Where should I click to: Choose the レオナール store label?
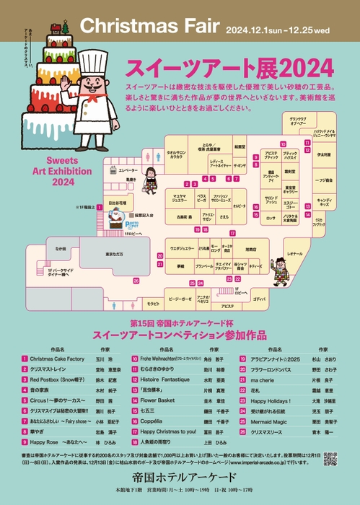click(294, 254)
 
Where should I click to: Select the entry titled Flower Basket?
click(157, 399)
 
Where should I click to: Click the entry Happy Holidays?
click(270, 399)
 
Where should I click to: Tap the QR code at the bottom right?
click(330, 458)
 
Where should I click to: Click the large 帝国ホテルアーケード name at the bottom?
click(178, 478)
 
